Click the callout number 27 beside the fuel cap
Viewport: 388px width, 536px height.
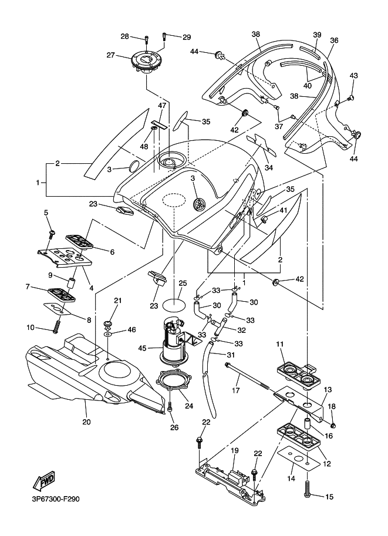pyautogui.click(x=110, y=55)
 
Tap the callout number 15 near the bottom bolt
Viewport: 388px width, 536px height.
pyautogui.click(x=329, y=497)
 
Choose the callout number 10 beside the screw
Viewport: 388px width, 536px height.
pyautogui.click(x=31, y=327)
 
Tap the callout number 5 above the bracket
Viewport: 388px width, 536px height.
pyautogui.click(x=46, y=212)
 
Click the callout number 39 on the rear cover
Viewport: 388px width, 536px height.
pyautogui.click(x=317, y=35)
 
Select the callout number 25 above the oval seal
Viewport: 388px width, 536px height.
pyautogui.click(x=183, y=284)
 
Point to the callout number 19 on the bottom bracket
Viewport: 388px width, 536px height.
pyautogui.click(x=234, y=450)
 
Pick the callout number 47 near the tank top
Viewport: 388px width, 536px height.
pyautogui.click(x=146, y=105)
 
